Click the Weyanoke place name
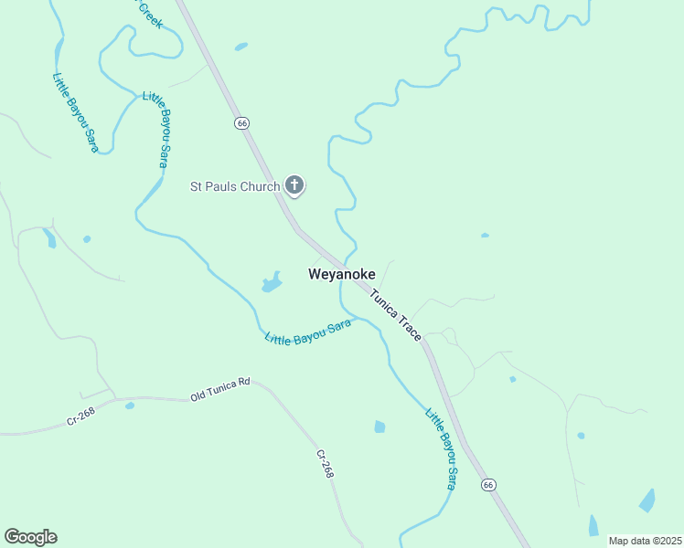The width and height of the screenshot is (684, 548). tap(341, 274)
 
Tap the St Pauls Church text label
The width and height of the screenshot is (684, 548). tap(234, 186)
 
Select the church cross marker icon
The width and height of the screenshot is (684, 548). tap(294, 185)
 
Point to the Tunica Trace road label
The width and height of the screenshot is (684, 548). tap(396, 315)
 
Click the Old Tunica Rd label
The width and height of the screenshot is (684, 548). tap(219, 390)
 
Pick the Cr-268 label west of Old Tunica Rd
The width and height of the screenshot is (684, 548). tap(80, 415)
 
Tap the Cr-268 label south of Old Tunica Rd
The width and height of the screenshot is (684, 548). tap(325, 464)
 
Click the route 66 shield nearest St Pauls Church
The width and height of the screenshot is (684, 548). tap(241, 123)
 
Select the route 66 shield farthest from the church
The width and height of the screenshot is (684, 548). tap(489, 484)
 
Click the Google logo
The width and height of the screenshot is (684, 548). tap(30, 537)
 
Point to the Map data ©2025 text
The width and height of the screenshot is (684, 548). tap(646, 541)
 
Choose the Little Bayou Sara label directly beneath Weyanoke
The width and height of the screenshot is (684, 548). tap(308, 332)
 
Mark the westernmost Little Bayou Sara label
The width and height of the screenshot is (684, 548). tap(74, 112)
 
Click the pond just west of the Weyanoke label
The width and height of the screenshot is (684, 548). tap(272, 282)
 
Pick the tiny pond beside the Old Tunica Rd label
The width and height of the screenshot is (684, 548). tap(130, 405)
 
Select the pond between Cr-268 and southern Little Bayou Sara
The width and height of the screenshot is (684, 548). tap(379, 427)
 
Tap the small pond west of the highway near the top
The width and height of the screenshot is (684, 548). tap(240, 46)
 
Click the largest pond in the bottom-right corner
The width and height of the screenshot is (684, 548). tap(647, 501)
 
